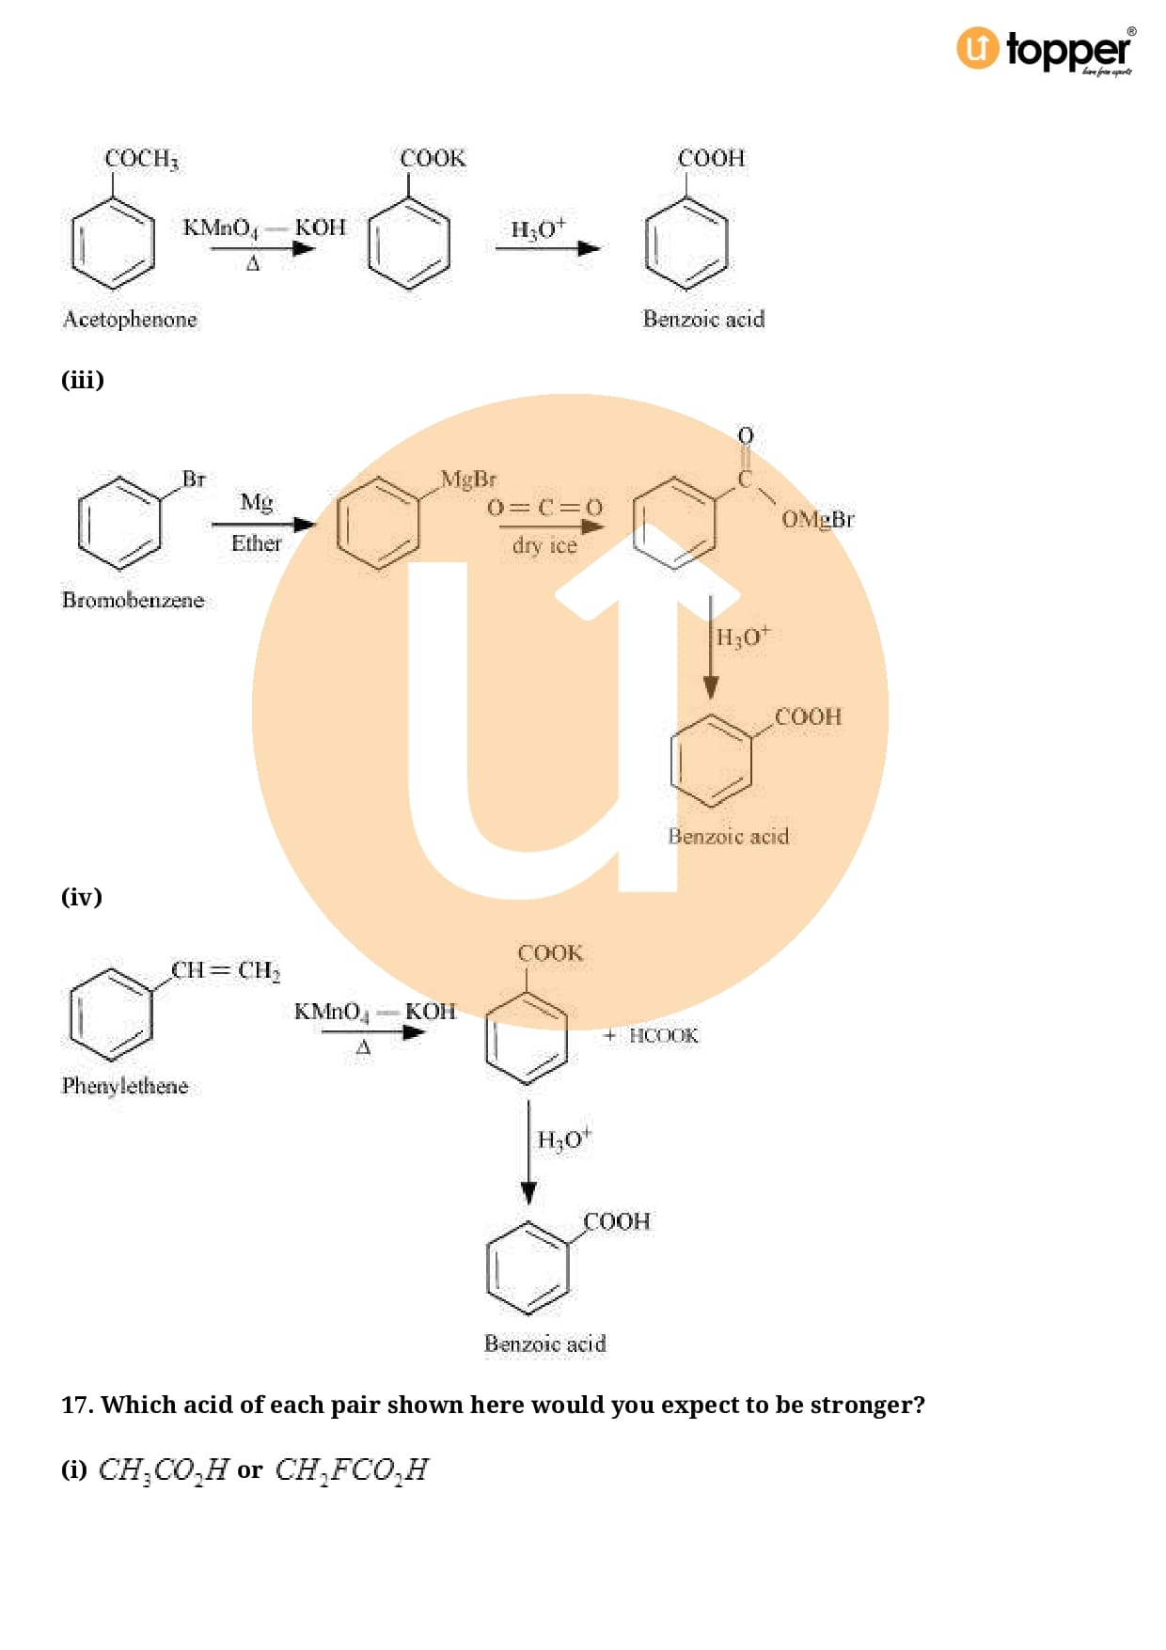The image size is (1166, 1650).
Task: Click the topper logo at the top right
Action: (x=1046, y=49)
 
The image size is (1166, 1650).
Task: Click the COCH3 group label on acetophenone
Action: (x=141, y=159)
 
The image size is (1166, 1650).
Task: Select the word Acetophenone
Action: (x=130, y=320)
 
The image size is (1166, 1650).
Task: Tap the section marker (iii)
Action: (x=83, y=380)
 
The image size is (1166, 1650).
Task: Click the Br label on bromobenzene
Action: (x=194, y=479)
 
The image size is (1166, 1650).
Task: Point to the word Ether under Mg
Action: (x=256, y=543)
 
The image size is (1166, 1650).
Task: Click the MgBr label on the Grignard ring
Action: (x=468, y=479)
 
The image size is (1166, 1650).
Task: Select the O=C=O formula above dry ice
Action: (x=544, y=509)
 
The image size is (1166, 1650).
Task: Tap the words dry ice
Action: (x=544, y=545)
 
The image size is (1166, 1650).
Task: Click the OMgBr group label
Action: (x=817, y=519)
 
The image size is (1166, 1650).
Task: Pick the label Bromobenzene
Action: (x=133, y=600)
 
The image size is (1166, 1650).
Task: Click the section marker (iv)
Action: (x=82, y=897)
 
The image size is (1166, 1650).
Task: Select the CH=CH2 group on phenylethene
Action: (x=226, y=970)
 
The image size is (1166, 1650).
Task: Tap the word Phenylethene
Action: (x=125, y=1086)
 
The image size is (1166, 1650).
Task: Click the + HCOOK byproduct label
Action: (x=651, y=1036)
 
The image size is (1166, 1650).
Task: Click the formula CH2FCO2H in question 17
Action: (x=351, y=1469)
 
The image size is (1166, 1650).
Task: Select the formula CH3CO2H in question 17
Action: (x=163, y=1469)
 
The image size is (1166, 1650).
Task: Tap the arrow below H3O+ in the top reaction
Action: (x=547, y=249)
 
